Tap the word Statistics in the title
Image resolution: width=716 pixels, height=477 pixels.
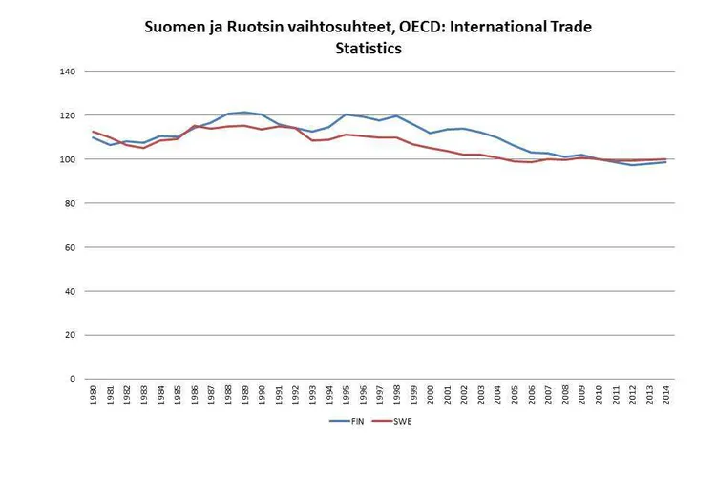click(x=368, y=49)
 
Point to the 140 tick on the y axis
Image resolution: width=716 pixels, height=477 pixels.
click(x=67, y=72)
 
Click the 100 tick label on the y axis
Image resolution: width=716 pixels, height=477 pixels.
click(x=67, y=159)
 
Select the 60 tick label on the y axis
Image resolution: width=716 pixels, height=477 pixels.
click(x=70, y=247)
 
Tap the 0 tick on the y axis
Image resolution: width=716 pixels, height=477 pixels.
click(x=73, y=379)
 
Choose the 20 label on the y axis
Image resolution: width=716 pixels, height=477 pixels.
click(x=70, y=335)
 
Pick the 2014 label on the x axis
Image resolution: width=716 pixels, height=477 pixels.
click(x=665, y=395)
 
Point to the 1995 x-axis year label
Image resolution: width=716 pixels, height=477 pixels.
click(x=346, y=395)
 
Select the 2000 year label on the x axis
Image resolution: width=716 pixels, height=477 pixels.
click(x=430, y=395)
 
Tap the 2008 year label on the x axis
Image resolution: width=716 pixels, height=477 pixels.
click(x=564, y=395)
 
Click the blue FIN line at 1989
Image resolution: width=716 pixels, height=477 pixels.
click(x=244, y=113)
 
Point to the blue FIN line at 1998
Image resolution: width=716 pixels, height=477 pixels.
click(x=396, y=115)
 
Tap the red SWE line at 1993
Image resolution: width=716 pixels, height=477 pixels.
click(x=312, y=140)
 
